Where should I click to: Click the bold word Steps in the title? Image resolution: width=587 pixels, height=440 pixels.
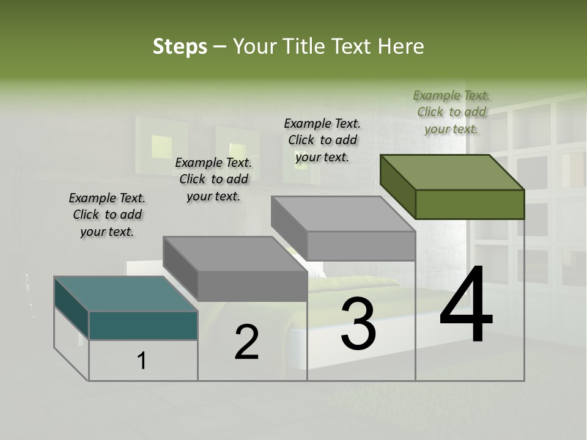[180, 46]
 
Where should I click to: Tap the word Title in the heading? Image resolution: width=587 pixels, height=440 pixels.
[305, 46]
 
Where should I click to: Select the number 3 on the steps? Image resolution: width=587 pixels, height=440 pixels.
[358, 324]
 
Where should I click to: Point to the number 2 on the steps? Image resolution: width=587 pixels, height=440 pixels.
[246, 342]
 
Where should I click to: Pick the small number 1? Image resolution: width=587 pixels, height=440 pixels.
[142, 361]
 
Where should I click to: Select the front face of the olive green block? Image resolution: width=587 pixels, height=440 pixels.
[470, 204]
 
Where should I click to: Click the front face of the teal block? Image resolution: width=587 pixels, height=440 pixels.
[143, 326]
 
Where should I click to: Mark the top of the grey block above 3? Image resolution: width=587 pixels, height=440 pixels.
[342, 214]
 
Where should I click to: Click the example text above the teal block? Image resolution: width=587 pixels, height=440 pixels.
[107, 215]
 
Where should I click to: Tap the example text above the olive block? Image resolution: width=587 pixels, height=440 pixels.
[451, 112]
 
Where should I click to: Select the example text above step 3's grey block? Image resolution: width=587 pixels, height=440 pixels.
[322, 140]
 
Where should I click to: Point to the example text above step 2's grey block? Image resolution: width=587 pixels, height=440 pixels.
[213, 179]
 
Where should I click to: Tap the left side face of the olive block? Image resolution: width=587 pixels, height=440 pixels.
[397, 186]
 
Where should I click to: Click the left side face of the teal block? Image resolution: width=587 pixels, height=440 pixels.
[72, 309]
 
